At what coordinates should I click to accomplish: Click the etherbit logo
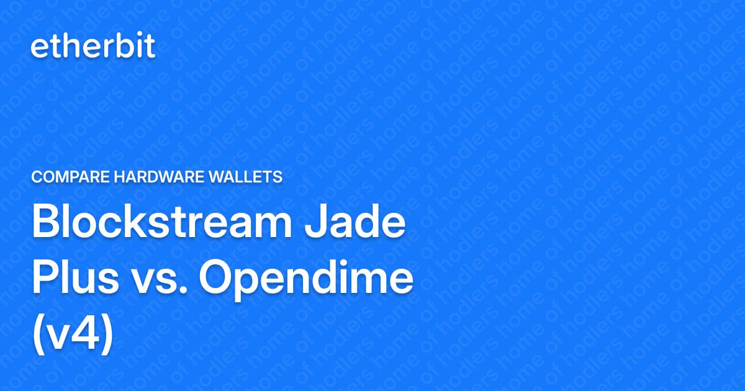[93, 47]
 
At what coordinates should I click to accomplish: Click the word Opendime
[306, 279]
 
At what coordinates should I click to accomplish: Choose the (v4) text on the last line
[73, 333]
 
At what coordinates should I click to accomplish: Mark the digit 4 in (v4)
[89, 333]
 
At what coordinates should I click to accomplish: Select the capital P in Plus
[45, 279]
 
